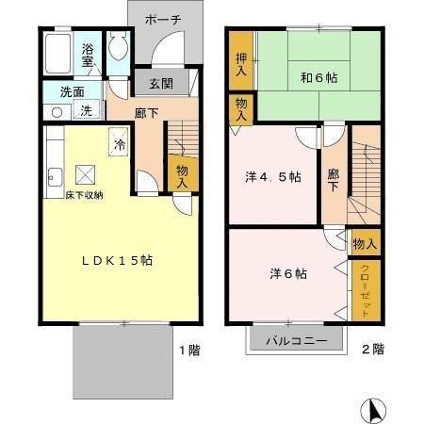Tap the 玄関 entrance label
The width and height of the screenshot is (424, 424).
160,83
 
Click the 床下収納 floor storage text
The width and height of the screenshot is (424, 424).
72,194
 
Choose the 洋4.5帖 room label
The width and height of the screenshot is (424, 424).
274,177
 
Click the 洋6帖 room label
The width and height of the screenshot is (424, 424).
287,273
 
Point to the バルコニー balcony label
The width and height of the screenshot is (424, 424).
295,340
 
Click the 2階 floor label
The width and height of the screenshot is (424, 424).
372,350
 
